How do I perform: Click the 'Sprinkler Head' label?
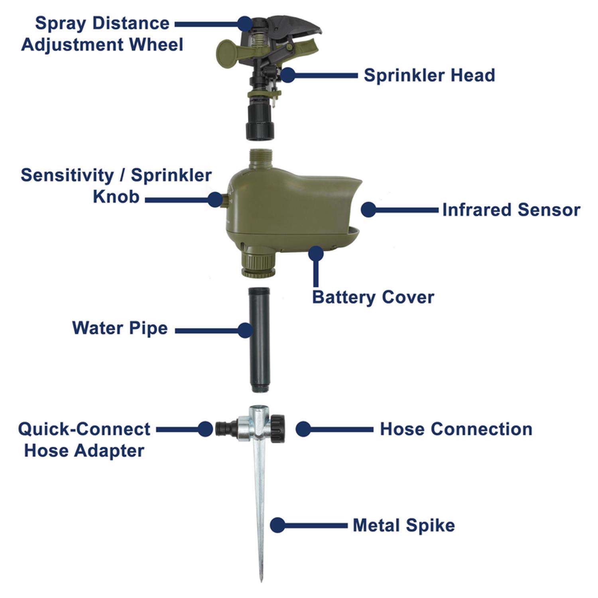(x=429, y=75)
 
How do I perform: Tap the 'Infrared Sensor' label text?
(x=511, y=210)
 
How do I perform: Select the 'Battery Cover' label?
(x=373, y=297)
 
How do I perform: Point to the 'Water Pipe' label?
(x=120, y=328)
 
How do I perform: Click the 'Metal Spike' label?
(x=403, y=525)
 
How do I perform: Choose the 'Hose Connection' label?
(x=456, y=429)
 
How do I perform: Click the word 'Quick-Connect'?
(x=84, y=429)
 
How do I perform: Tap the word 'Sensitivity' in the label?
(x=67, y=175)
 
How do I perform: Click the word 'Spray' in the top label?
(x=60, y=23)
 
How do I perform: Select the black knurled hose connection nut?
(x=278, y=429)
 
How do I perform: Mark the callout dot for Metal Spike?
(x=277, y=525)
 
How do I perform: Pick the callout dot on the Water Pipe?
(x=245, y=330)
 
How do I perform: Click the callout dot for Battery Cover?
(x=316, y=254)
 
